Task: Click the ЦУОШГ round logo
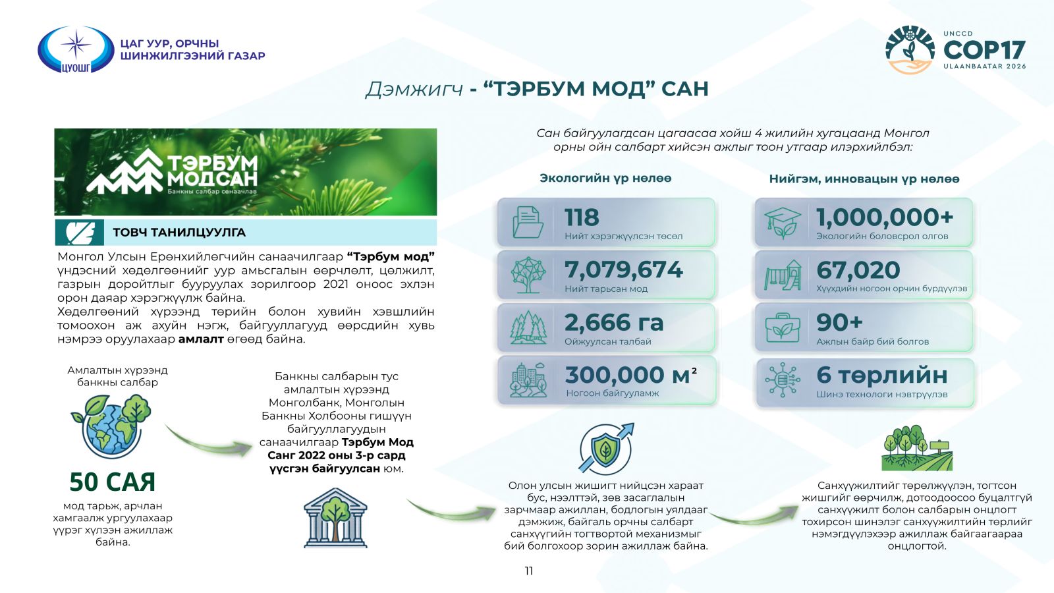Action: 76,50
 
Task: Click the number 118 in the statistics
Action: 582,217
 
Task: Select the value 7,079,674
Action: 623,269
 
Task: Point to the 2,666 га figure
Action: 614,322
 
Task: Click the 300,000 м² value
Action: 631,375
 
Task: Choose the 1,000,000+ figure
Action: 885,217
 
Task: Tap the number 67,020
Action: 858,269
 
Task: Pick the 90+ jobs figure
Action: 839,322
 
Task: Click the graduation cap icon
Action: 783,223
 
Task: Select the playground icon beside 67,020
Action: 783,275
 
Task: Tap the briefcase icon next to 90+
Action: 783,327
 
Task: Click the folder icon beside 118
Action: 528,222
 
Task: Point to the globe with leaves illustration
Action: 111,426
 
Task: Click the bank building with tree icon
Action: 335,518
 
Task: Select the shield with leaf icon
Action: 606,447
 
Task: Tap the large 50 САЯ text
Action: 113,482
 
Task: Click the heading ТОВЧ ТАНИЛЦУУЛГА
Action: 179,233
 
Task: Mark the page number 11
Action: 529,571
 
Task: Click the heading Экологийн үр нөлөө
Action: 605,179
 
